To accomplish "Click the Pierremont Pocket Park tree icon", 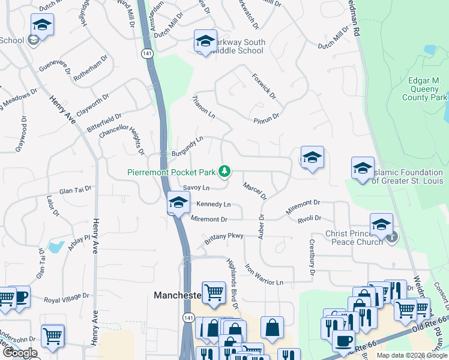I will click(x=224, y=172).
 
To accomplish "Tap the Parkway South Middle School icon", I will click(x=205, y=41).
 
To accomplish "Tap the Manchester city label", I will click(x=178, y=295).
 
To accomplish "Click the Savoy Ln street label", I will click(x=196, y=188).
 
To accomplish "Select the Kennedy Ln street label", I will click(x=213, y=204).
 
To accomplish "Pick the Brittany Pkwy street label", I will click(x=223, y=236).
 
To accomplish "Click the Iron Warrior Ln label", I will click(x=264, y=274).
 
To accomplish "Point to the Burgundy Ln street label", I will click(x=188, y=146).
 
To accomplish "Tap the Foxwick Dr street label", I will click(x=264, y=87).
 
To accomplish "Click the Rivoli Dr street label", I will click(x=309, y=218).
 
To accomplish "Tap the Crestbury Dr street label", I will click(x=312, y=257).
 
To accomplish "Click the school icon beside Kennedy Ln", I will click(x=177, y=203).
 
